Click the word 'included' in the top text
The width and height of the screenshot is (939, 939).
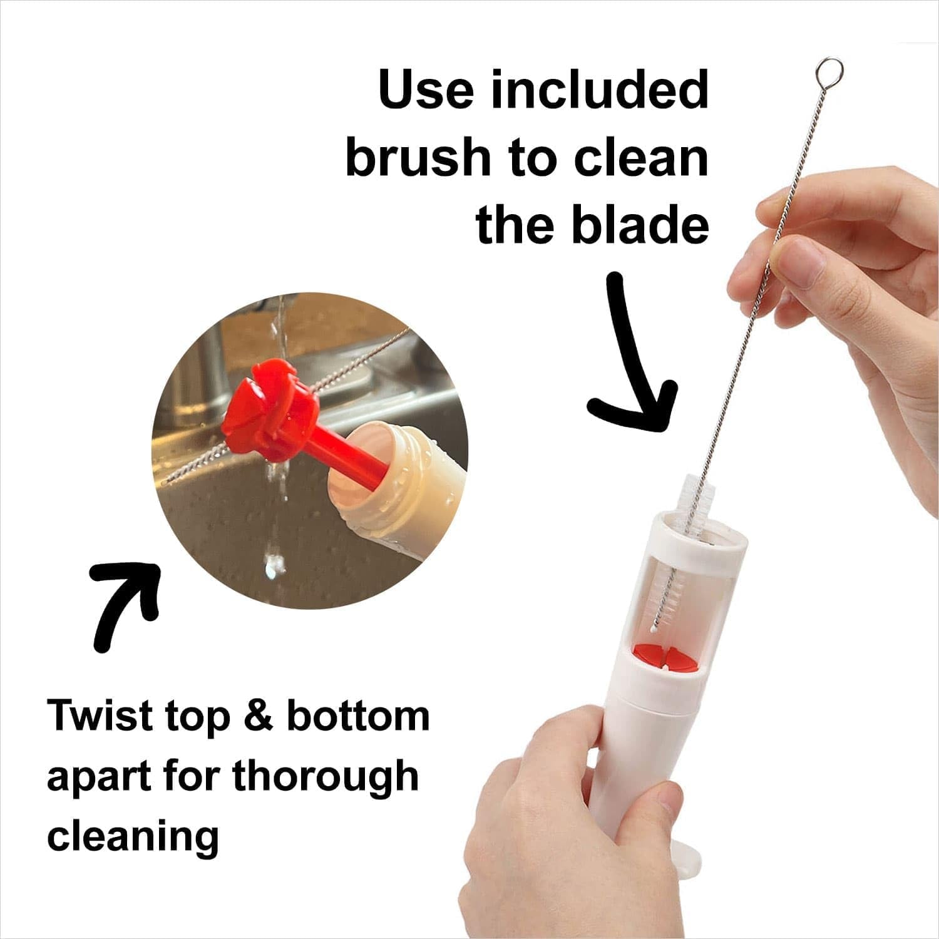coord(599,91)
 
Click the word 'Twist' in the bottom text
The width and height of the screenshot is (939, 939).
coord(101,716)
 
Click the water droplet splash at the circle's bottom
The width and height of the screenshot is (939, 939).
coord(274,563)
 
